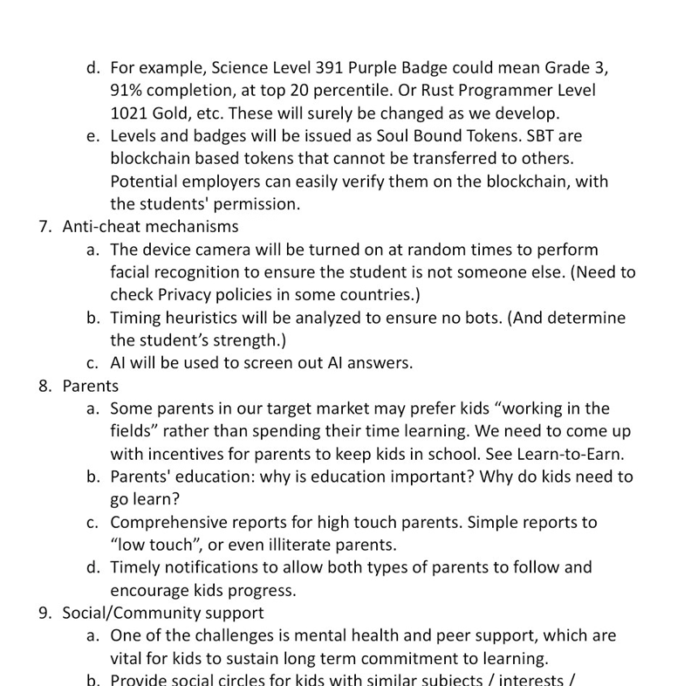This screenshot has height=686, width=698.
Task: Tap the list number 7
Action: tap(44, 227)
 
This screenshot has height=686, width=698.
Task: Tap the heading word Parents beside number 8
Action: tap(91, 386)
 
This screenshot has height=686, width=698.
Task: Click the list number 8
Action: tap(44, 386)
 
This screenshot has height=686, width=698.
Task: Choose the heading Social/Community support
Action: tap(163, 613)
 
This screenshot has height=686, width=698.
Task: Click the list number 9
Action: tap(44, 613)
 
